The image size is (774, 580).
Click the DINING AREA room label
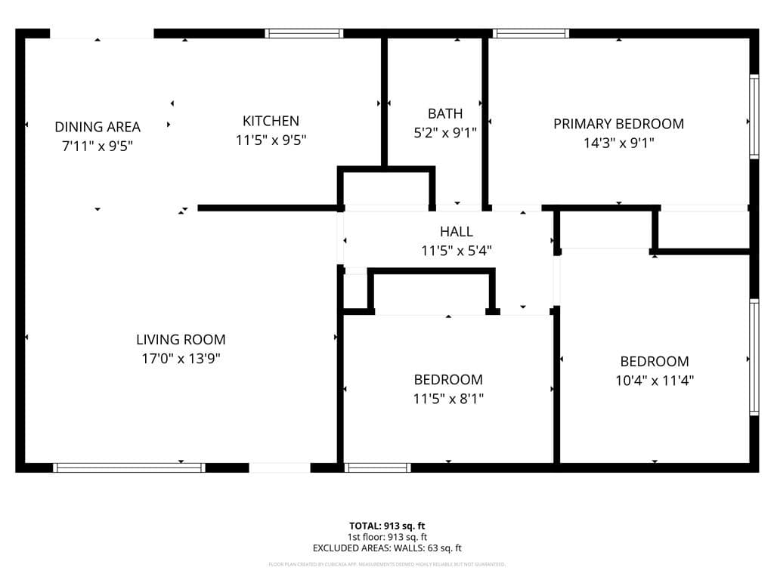(98, 126)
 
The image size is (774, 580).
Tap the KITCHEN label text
(271, 121)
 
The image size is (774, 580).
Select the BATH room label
(445, 114)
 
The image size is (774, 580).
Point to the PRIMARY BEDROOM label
(618, 124)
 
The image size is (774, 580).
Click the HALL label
(457, 232)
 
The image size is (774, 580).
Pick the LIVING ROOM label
(181, 340)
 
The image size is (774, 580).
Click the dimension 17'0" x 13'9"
(181, 359)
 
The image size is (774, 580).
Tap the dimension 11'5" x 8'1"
(448, 398)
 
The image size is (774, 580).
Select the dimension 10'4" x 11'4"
(655, 381)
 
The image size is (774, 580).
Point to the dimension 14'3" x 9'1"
(618, 143)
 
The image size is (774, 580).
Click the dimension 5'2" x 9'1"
(445, 133)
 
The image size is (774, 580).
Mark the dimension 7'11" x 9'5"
(98, 145)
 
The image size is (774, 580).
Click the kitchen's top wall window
(304, 33)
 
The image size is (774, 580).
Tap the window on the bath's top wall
(530, 33)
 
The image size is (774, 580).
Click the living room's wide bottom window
(129, 467)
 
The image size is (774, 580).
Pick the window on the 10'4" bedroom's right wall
(754, 357)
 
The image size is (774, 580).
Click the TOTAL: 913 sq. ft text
(387, 526)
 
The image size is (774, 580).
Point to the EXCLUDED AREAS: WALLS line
(387, 548)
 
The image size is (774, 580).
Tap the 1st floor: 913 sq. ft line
(387, 537)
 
